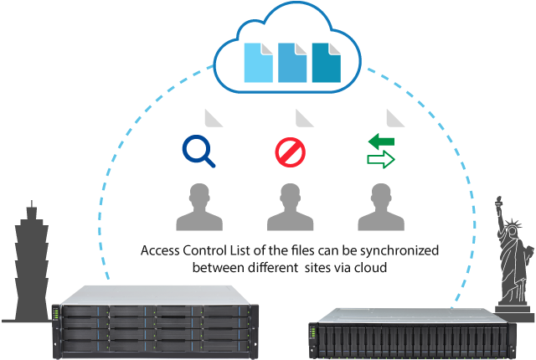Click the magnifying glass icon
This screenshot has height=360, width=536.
pyautogui.click(x=198, y=151)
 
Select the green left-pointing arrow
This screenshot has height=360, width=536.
pyautogui.click(x=381, y=139)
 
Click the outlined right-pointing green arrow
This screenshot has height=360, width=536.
pyautogui.click(x=381, y=160)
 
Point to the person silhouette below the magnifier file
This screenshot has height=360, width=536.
pyautogui.click(x=199, y=208)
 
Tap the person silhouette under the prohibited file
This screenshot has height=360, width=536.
pyautogui.click(x=290, y=208)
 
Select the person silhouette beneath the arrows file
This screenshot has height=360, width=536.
pyautogui.click(x=381, y=208)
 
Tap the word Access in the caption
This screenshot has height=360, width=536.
pyautogui.click(x=160, y=251)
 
